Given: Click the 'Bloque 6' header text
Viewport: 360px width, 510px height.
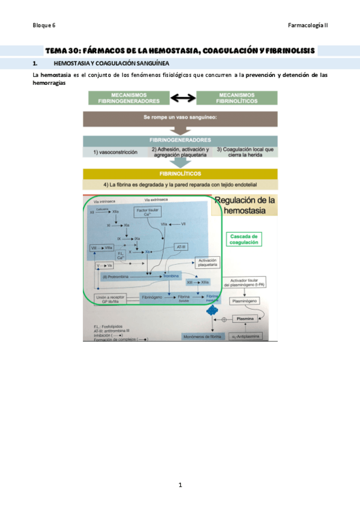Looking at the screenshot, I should pyautogui.click(x=44, y=25).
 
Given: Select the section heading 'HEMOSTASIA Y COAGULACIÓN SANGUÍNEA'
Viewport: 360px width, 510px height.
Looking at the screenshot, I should pyautogui.click(x=111, y=63).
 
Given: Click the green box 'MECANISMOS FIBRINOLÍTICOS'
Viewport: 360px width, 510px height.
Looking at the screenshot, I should pyautogui.click(x=237, y=98).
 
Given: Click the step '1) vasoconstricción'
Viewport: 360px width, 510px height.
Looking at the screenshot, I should pyautogui.click(x=115, y=152).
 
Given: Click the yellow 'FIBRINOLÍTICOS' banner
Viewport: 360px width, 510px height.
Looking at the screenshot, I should pyautogui.click(x=180, y=174).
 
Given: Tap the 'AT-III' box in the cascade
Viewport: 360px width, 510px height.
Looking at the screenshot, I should pyautogui.click(x=182, y=247).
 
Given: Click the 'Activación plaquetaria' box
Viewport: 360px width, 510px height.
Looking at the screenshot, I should pyautogui.click(x=206, y=262).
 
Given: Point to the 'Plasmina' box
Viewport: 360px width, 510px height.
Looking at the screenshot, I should pyautogui.click(x=244, y=317).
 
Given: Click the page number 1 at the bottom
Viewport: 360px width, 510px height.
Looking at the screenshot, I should pyautogui.click(x=180, y=485).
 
